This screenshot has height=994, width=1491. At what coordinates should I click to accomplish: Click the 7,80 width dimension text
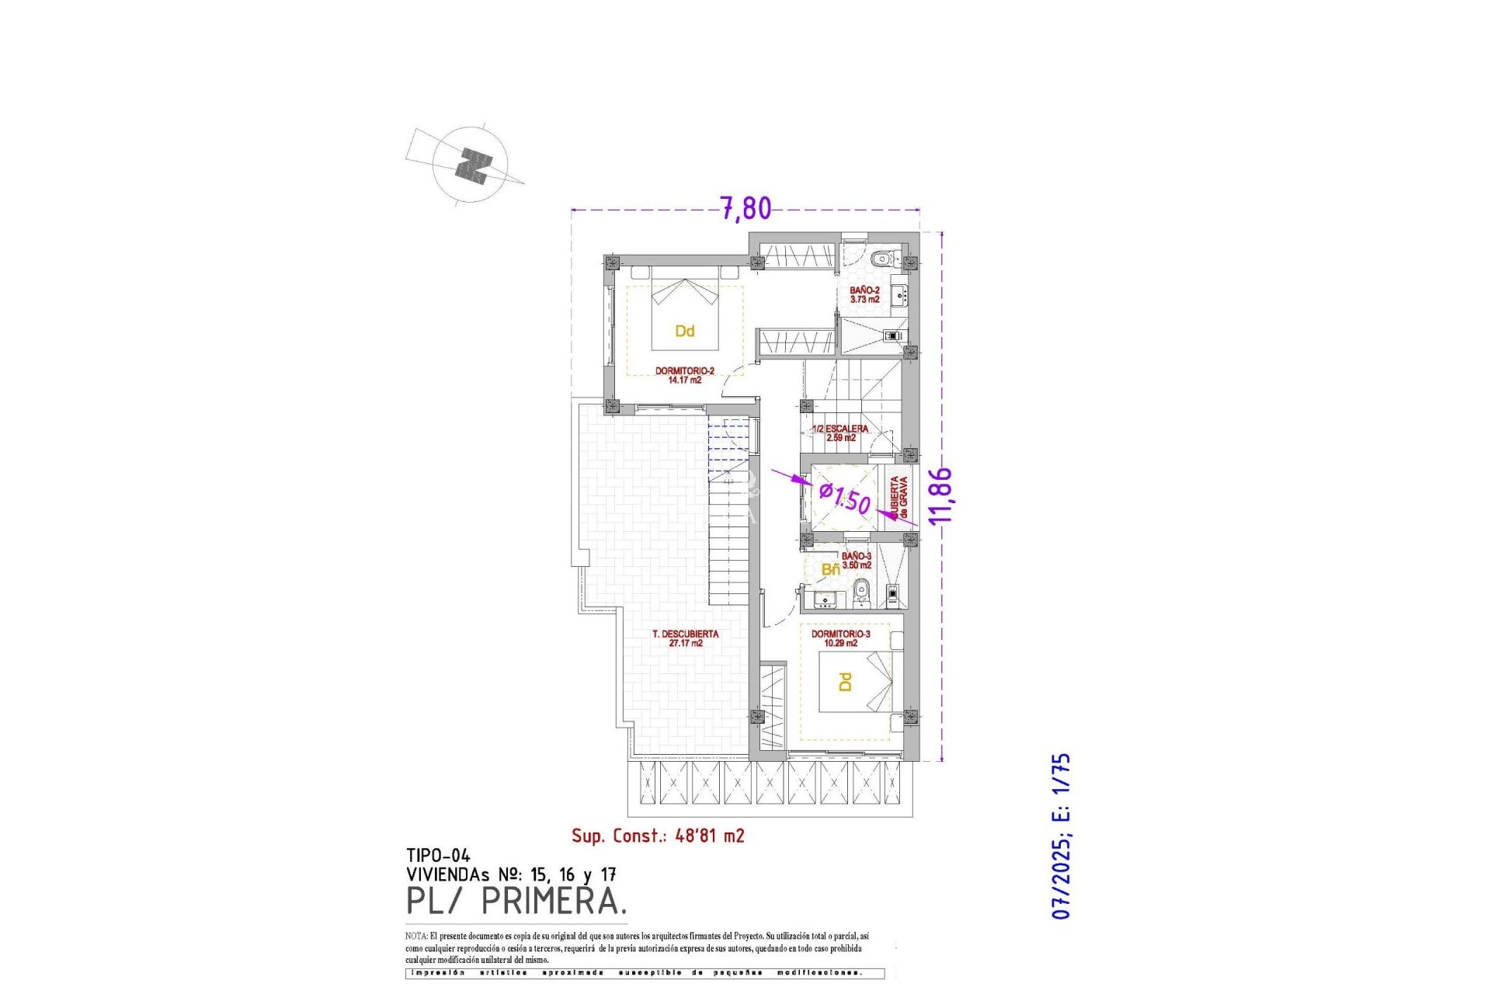745,208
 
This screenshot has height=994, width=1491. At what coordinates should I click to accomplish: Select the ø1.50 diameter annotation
845,498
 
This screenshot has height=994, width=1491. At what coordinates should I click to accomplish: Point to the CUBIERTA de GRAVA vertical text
898,497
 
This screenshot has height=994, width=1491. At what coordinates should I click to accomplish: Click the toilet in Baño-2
881,259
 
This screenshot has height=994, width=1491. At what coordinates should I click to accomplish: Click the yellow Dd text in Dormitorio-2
684,332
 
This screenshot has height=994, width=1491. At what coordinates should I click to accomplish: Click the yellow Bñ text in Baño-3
830,570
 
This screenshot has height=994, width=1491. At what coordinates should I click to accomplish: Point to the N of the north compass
473,165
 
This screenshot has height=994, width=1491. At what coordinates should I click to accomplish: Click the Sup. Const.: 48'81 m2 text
658,836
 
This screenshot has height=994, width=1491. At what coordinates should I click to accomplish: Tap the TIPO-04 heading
438,856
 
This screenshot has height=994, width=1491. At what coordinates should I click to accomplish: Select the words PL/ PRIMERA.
516,901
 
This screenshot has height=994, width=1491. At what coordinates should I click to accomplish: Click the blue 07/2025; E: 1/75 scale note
1061,836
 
